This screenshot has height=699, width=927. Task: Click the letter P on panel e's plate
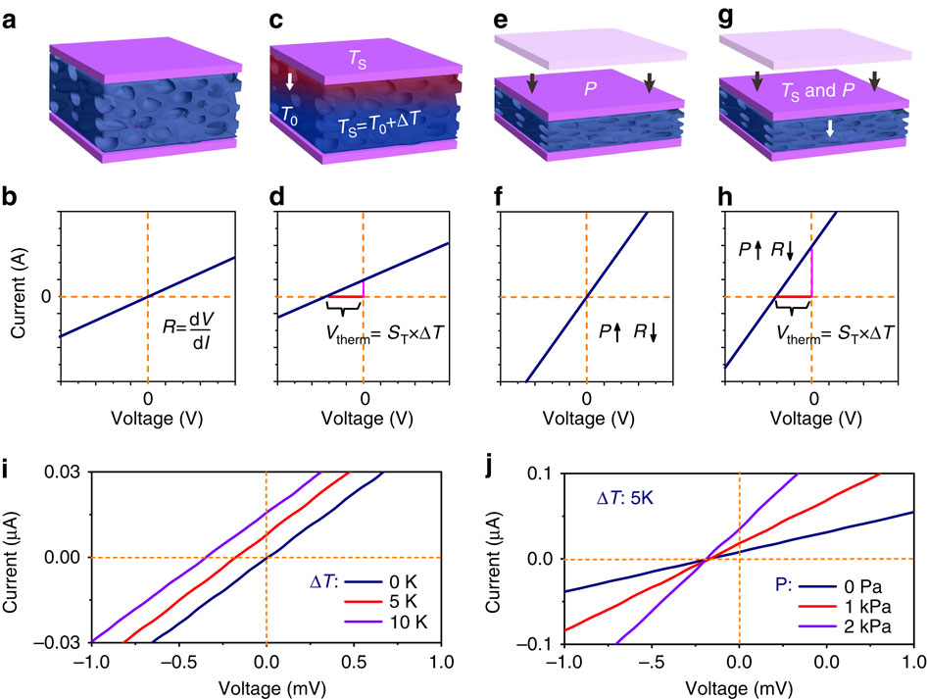tap(590, 86)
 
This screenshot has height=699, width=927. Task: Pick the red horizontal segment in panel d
tap(344, 296)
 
